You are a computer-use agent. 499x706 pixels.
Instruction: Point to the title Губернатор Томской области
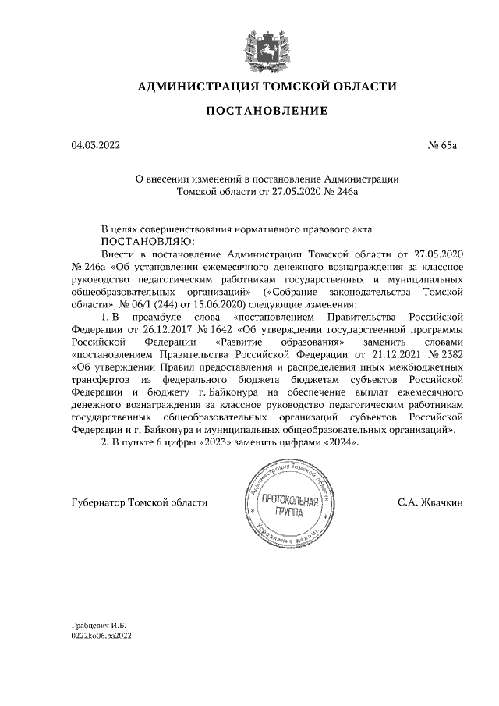140,503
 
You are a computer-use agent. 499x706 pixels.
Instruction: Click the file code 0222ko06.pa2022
102,637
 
